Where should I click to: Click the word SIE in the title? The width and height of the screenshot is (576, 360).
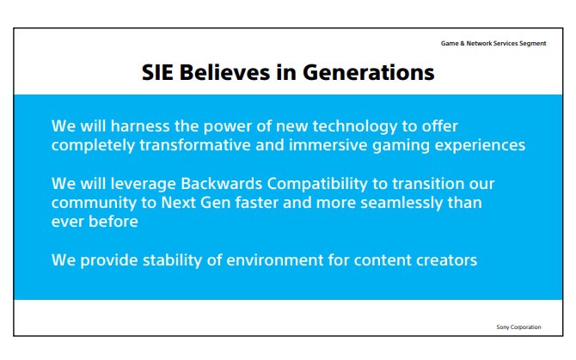click(157, 72)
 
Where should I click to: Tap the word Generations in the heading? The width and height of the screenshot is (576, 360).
click(369, 72)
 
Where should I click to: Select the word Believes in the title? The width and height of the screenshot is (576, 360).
click(225, 72)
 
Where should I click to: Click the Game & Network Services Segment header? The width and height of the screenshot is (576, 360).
click(493, 43)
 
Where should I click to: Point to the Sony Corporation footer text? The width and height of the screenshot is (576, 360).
click(518, 327)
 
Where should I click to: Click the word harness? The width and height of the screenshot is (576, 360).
click(140, 126)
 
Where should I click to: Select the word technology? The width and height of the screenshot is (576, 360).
click(355, 127)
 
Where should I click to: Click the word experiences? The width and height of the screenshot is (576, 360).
click(480, 146)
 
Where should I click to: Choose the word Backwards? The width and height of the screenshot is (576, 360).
click(222, 184)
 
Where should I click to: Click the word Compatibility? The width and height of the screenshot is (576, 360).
click(317, 185)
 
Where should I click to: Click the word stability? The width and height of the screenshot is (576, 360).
click(172, 261)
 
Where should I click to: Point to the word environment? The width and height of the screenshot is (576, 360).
click(275, 260)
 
